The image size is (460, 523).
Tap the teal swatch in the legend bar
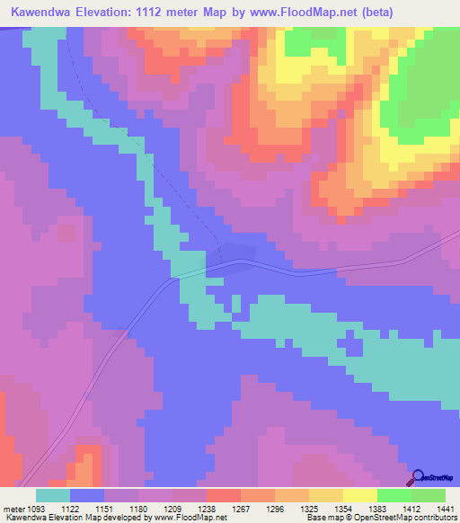[53, 495]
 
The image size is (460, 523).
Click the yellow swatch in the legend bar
[359, 495]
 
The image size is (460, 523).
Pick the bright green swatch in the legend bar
[394, 495]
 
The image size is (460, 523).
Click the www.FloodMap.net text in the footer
[190, 518]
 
